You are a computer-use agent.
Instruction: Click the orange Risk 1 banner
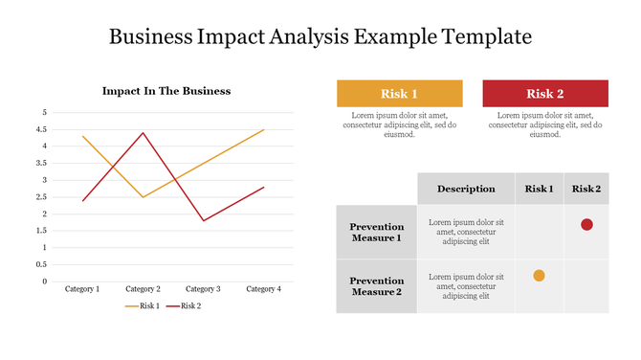click(x=400, y=93)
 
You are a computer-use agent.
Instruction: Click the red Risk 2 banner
click(x=545, y=93)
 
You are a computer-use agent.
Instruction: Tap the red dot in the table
click(x=586, y=225)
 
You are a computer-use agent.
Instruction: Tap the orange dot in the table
click(x=539, y=276)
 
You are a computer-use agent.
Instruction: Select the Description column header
click(x=466, y=189)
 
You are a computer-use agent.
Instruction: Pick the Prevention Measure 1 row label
click(x=376, y=232)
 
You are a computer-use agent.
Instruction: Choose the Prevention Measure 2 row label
click(x=376, y=286)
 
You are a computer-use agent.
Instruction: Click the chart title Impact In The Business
click(x=166, y=91)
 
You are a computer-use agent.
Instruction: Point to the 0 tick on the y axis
click(x=43, y=281)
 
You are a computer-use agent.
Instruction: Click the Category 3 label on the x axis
click(x=203, y=289)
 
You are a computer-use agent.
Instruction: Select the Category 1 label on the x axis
click(x=82, y=289)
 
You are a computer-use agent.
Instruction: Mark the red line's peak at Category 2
click(x=144, y=133)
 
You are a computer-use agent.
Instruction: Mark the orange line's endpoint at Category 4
click(x=264, y=129)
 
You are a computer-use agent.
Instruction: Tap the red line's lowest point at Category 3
click(x=204, y=220)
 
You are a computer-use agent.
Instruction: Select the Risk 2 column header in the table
click(x=586, y=189)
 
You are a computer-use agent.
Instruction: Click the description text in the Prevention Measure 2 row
click(x=466, y=286)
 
